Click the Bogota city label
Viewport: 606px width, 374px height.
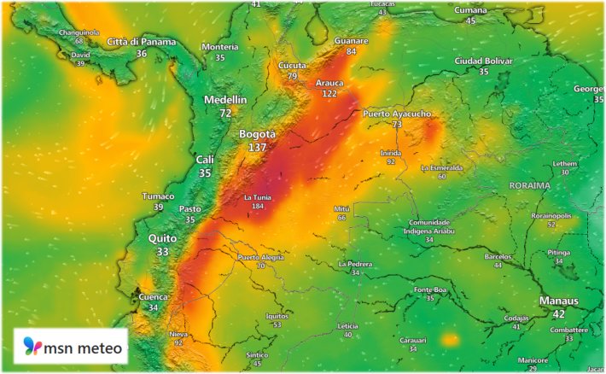tap(257, 135)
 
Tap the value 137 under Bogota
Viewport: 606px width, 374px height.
tap(257, 148)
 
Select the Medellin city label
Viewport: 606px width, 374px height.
tap(225, 100)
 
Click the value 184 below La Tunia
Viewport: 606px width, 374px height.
tap(258, 207)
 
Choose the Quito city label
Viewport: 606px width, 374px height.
tap(162, 238)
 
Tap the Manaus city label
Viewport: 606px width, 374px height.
tap(559, 301)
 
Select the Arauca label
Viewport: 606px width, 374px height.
tap(329, 83)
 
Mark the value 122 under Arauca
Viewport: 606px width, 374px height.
tap(329, 93)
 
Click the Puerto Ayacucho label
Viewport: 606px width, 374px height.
tap(397, 114)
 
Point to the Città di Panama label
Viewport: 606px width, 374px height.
tap(142, 42)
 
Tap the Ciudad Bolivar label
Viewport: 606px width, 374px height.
tap(483, 61)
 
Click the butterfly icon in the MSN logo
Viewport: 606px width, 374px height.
tap(32, 347)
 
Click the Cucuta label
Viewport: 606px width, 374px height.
tap(292, 66)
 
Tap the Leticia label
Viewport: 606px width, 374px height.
tap(347, 325)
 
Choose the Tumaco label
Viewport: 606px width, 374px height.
tap(158, 196)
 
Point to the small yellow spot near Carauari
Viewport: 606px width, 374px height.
tap(450, 340)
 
